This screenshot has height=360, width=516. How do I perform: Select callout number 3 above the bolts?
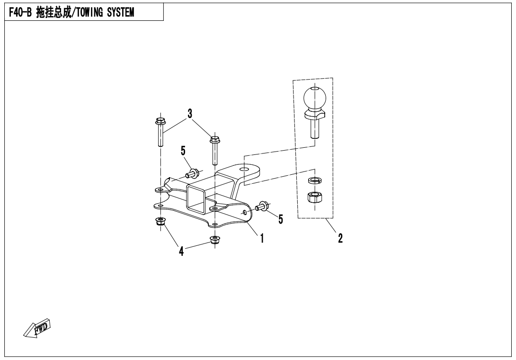coord(190,114)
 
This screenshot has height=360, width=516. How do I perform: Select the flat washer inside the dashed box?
coord(313,180)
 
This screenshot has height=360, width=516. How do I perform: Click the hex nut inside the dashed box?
coord(313,197)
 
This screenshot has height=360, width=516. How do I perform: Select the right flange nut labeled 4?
coord(214,239)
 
